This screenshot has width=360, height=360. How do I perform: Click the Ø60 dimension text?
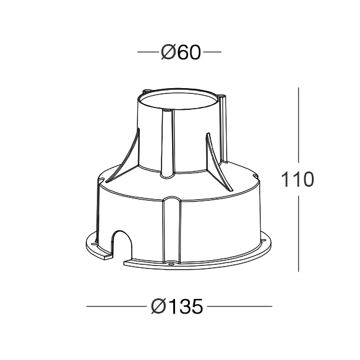(180, 53)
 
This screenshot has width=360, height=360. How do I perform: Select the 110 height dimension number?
(297, 180)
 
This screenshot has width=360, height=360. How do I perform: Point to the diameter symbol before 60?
(167, 53)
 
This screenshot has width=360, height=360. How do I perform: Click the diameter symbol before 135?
(158, 306)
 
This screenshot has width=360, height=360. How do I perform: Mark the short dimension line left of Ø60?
(147, 53)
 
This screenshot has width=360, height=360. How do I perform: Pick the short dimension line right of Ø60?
(212, 53)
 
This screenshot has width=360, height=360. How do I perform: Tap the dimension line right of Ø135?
(240, 306)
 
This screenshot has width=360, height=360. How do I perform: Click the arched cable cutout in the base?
(122, 244)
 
